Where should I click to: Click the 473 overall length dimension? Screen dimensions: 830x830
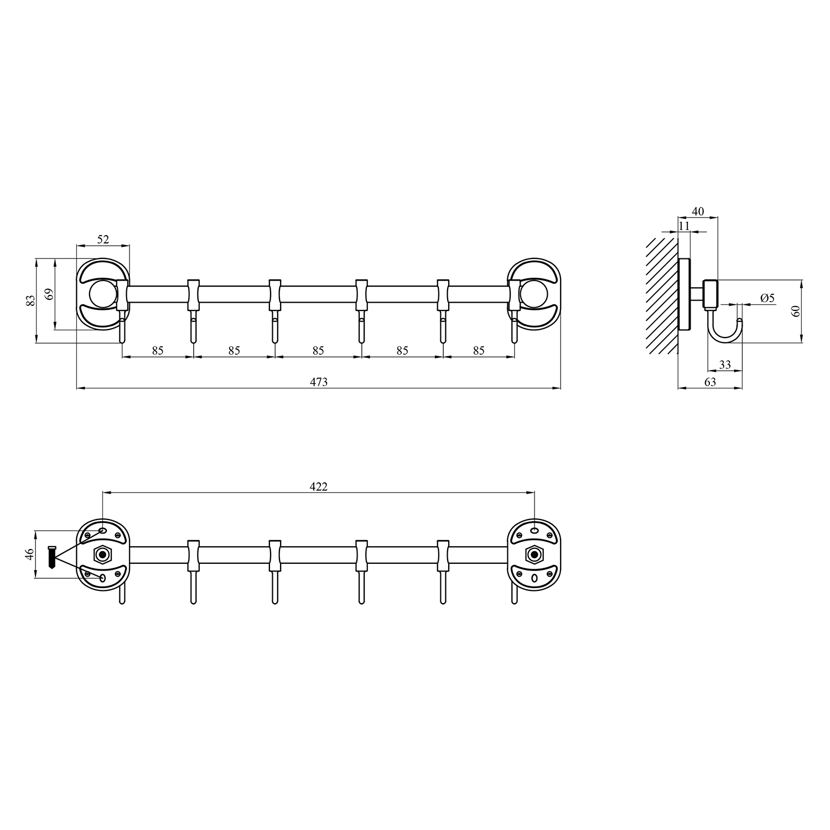pyautogui.click(x=319, y=382)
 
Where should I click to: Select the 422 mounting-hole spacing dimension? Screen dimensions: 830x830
pyautogui.click(x=318, y=486)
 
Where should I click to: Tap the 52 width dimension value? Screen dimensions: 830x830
pyautogui.click(x=103, y=240)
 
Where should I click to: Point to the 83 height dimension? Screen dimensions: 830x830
pyautogui.click(x=31, y=300)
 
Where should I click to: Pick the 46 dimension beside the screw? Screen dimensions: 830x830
pyautogui.click(x=30, y=554)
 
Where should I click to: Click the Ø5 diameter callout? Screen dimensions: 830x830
pyautogui.click(x=767, y=298)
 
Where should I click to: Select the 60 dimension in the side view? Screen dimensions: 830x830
pyautogui.click(x=796, y=311)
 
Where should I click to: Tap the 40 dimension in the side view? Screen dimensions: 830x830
pyautogui.click(x=698, y=211)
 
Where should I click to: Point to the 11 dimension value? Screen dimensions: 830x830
pyautogui.click(x=684, y=226)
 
